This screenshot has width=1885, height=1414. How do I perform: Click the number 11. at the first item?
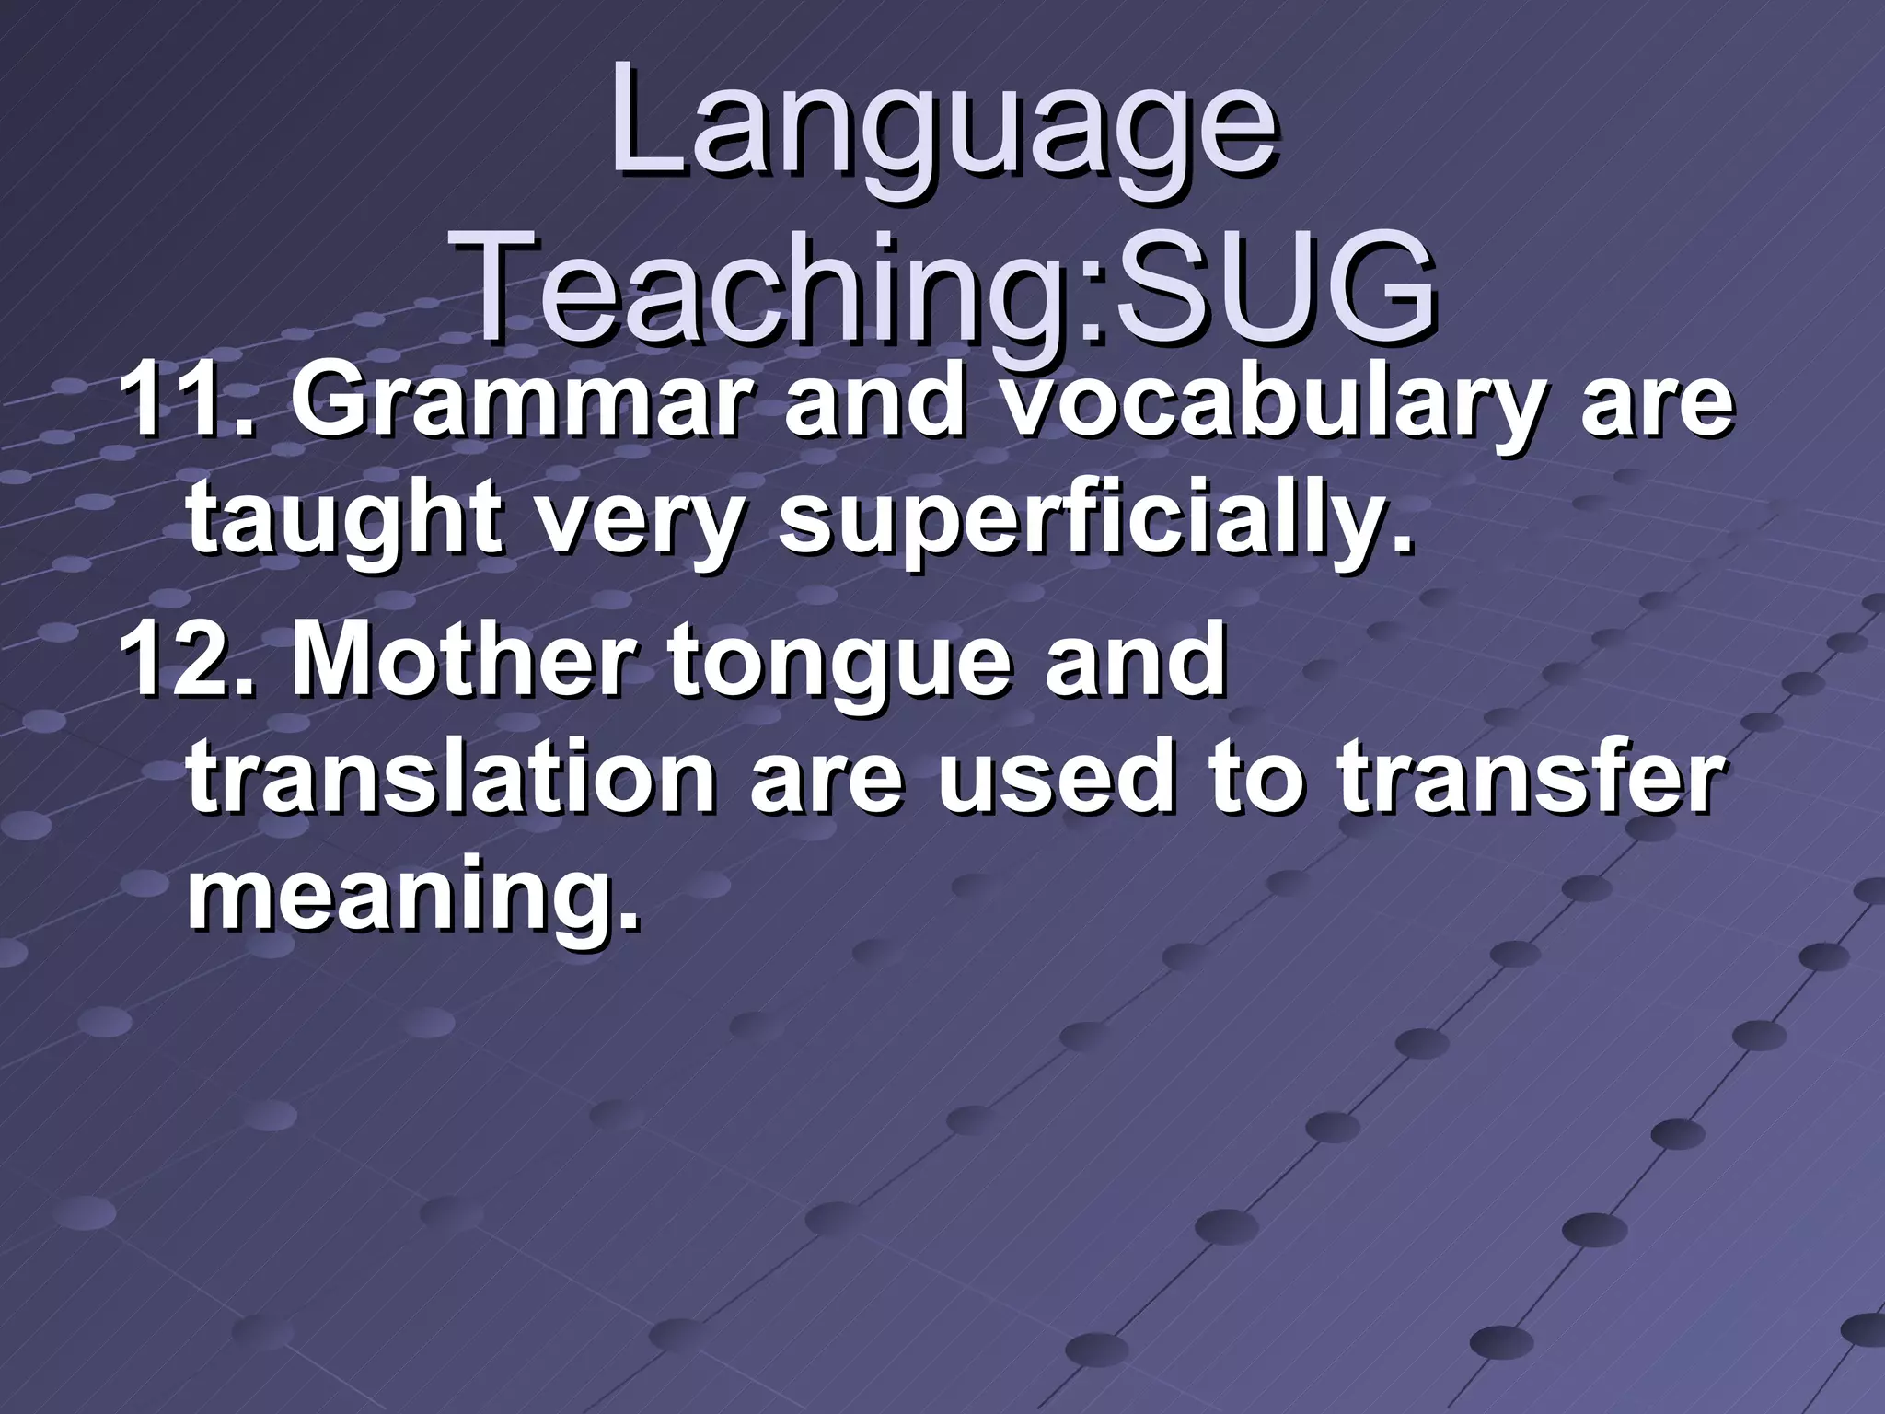[183, 401]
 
